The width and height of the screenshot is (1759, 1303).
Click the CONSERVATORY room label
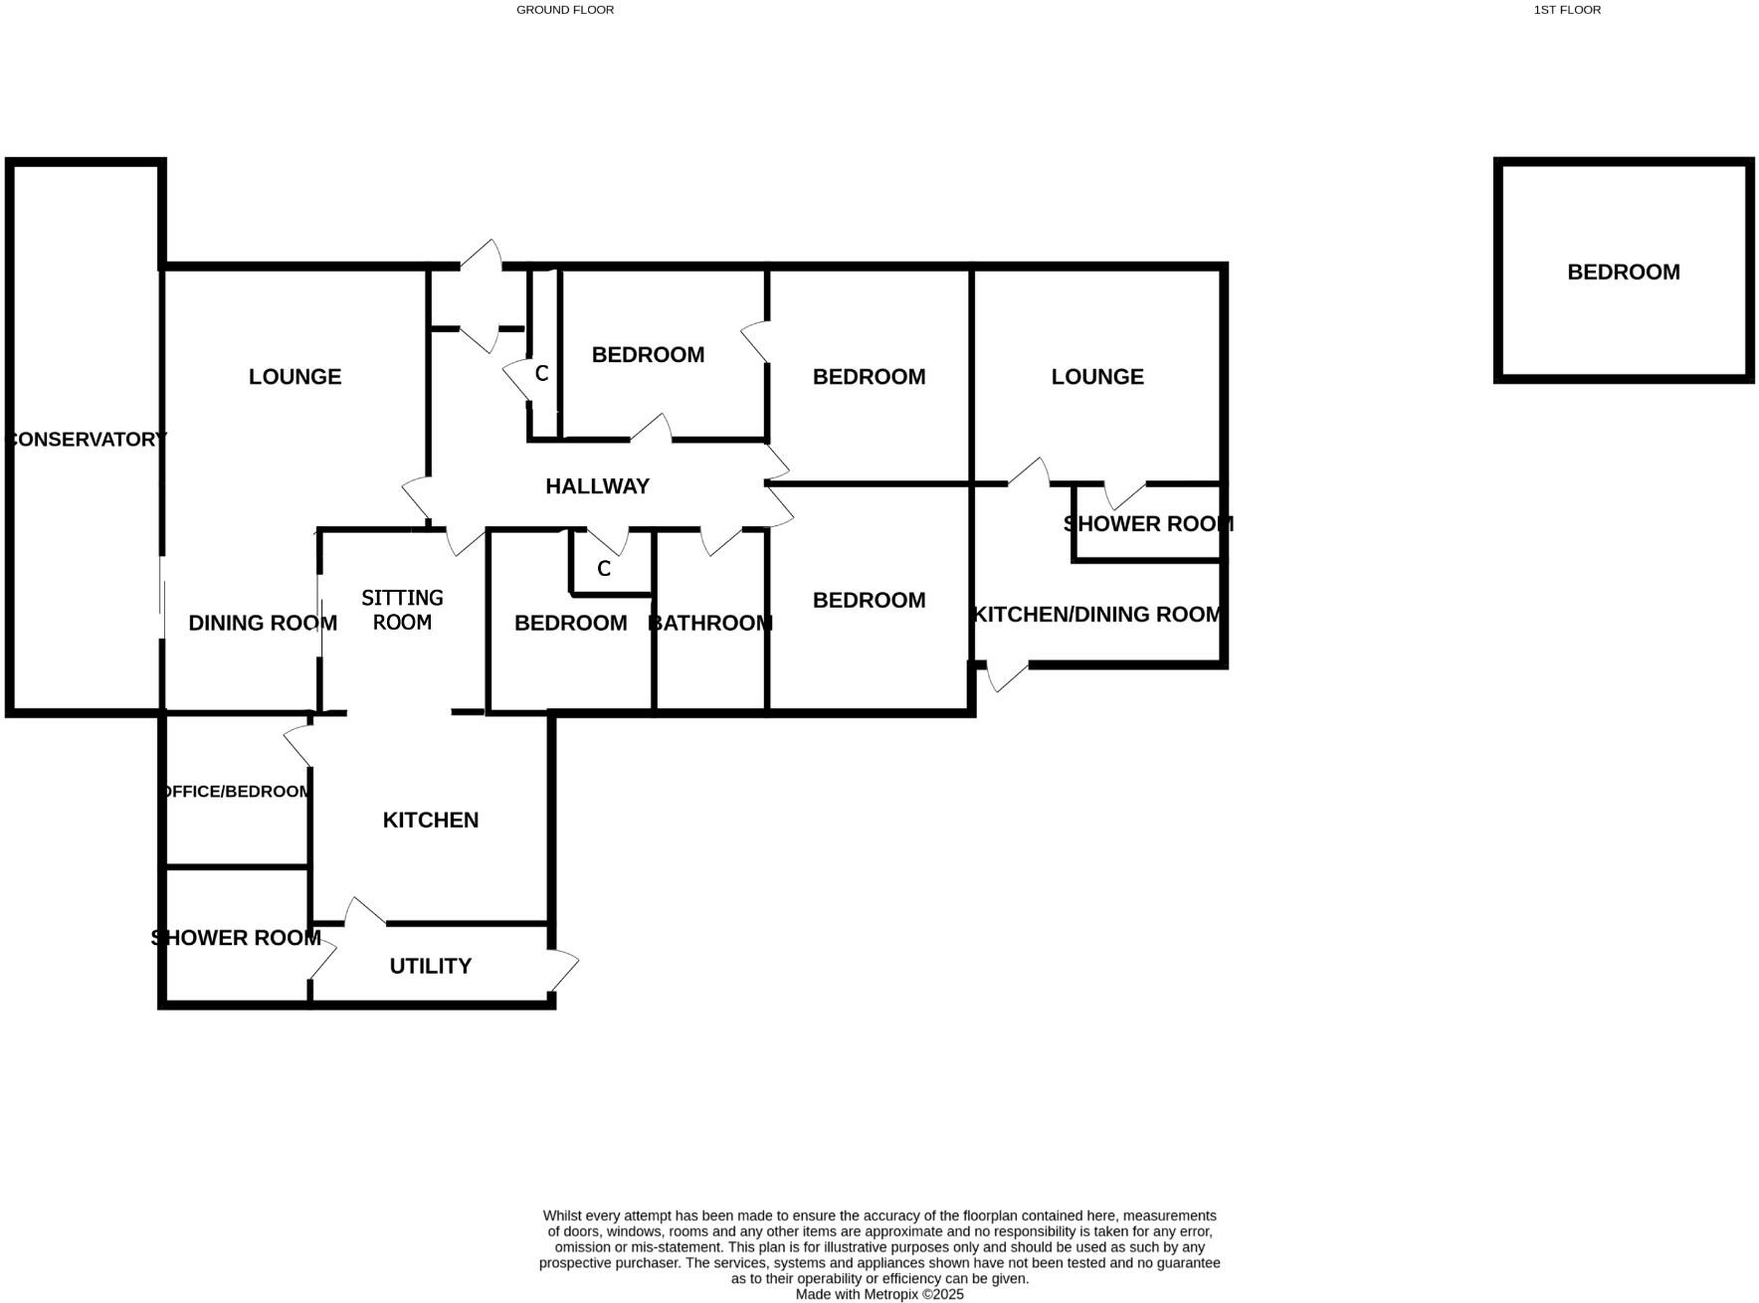pyautogui.click(x=87, y=439)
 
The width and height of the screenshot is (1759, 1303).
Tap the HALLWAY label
pyautogui.click(x=597, y=486)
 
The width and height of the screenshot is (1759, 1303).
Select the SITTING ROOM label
pyautogui.click(x=402, y=610)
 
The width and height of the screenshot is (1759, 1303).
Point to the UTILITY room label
pyautogui.click(x=430, y=966)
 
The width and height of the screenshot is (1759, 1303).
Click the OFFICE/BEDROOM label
pyautogui.click(x=237, y=792)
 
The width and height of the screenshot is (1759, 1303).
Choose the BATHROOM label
pyautogui.click(x=709, y=623)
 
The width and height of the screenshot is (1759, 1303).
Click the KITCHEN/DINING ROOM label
pyautogui.click(x=1097, y=615)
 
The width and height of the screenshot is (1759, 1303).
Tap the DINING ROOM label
pyautogui.click(x=263, y=623)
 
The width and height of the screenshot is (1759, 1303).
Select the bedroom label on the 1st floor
pyautogui.click(x=1623, y=272)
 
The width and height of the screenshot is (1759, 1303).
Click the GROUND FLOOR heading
pyautogui.click(x=565, y=10)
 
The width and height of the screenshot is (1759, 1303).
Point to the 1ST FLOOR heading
pyautogui.click(x=1567, y=10)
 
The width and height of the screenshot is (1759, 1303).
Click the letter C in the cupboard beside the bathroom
pyautogui.click(x=603, y=570)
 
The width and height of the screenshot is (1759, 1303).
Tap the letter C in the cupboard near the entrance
pyautogui.click(x=541, y=374)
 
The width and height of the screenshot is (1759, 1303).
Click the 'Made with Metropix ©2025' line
pyautogui.click(x=879, y=1294)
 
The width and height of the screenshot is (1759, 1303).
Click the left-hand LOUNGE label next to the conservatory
pyautogui.click(x=294, y=377)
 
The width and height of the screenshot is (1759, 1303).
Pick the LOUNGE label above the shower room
pyautogui.click(x=1097, y=377)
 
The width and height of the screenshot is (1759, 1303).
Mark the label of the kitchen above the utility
pyautogui.click(x=430, y=820)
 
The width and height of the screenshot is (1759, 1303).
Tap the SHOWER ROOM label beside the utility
pyautogui.click(x=236, y=938)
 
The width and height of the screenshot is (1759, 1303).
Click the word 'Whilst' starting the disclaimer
pyautogui.click(x=561, y=1215)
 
